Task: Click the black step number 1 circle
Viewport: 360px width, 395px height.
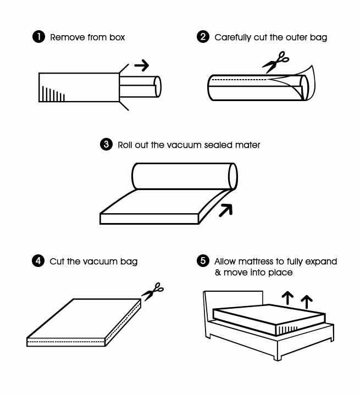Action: coord(38,37)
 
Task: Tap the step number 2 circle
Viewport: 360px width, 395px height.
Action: coord(202,37)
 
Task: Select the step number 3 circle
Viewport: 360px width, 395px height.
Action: coord(106,145)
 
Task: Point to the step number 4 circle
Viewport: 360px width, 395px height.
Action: coord(38,261)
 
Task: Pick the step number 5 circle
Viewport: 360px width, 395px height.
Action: coord(202,261)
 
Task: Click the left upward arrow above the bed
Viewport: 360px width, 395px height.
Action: coord(286,298)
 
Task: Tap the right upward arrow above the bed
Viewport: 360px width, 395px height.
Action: coord(307,301)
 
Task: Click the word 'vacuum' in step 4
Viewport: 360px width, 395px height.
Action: coord(99,261)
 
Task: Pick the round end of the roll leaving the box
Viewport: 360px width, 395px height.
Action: coord(157,86)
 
